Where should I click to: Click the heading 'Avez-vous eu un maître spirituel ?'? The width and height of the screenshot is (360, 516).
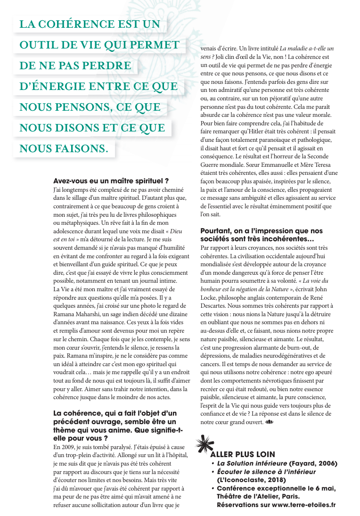pos(111,180)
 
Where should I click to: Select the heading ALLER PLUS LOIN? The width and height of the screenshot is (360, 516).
pos(242,454)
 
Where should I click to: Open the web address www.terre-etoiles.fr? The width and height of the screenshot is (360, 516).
pos(303,505)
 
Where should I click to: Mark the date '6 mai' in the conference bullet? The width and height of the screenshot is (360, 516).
pos(325,488)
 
